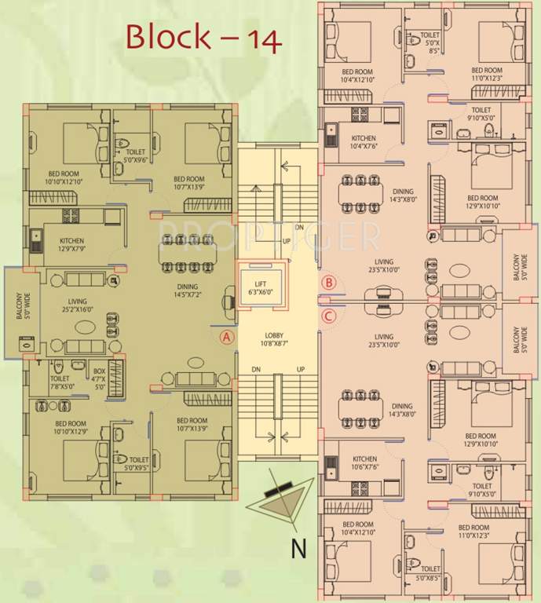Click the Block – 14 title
[x=203, y=37]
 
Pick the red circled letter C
[x=330, y=316]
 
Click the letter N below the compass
[x=298, y=547]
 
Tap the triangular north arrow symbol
[x=278, y=499]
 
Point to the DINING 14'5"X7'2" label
[x=187, y=291]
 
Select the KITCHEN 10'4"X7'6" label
[x=364, y=142]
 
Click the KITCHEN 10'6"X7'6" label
[x=365, y=462]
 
